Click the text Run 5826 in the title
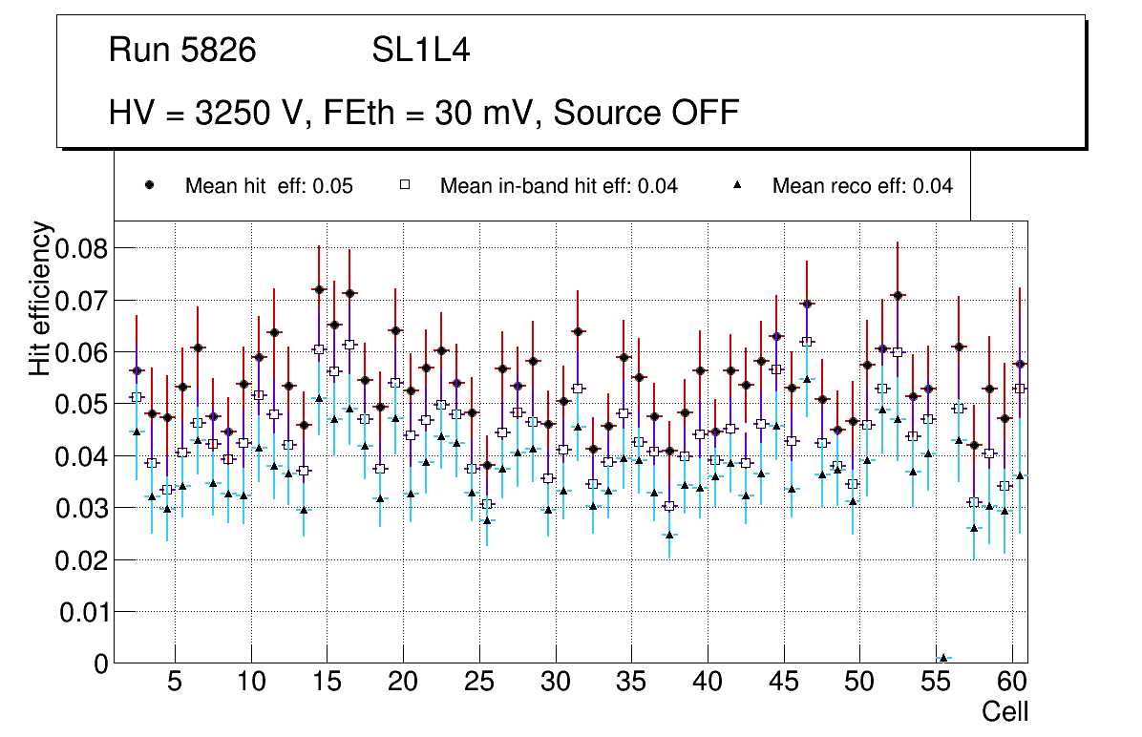[182, 51]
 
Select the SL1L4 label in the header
[421, 51]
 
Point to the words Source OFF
[646, 113]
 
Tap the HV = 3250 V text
[209, 113]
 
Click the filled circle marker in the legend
[149, 185]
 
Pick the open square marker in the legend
[404, 185]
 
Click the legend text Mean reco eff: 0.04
[862, 186]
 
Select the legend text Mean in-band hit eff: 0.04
[559, 186]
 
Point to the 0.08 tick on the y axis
[84, 248]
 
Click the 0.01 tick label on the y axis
[84, 611]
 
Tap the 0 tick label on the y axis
[101, 663]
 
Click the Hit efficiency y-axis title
[40, 298]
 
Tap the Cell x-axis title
[1005, 712]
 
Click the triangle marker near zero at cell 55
[943, 658]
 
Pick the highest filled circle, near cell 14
[319, 289]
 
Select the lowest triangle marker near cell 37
[669, 535]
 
